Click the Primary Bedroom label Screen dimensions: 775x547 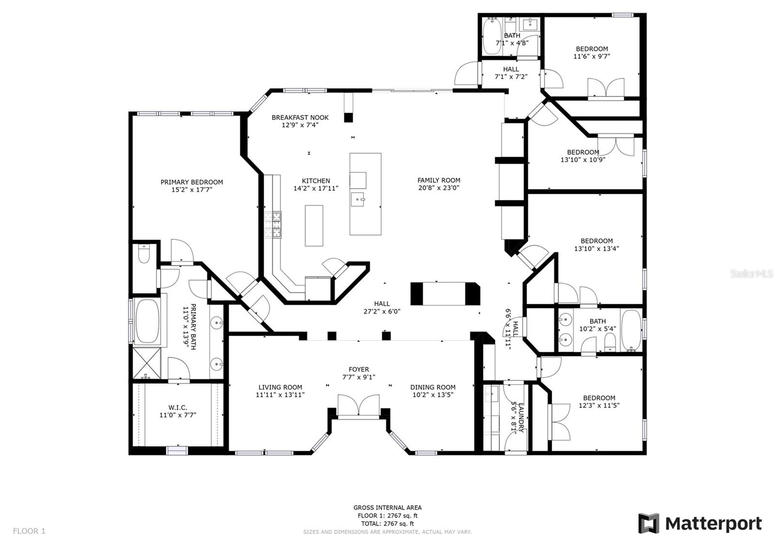coord(192,182)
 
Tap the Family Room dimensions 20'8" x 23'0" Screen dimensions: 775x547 coord(439,188)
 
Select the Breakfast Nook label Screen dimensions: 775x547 coord(300,118)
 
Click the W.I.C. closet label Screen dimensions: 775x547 coord(178,408)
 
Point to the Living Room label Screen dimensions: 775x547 coord(280,387)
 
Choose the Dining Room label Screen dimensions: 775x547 coord(433,387)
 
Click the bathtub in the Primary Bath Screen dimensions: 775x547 coord(148,320)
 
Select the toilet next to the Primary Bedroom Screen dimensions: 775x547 coord(144,254)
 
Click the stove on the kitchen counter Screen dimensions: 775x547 coord(273,225)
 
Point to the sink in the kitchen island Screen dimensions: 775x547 coord(358,199)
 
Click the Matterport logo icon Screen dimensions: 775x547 coord(649,523)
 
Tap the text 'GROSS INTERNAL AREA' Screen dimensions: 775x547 coord(387,508)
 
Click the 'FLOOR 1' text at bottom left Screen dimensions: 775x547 coord(29,531)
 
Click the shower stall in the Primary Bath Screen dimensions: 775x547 coord(147,364)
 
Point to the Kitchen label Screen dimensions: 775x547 coord(316,181)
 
